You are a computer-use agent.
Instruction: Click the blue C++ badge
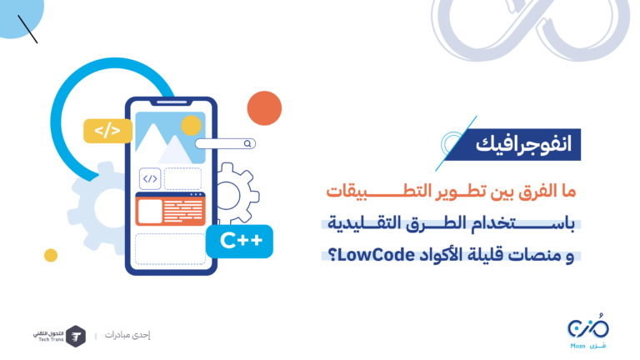coord(239,241)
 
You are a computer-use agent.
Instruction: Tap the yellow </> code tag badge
coord(107,131)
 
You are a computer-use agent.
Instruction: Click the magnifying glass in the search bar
coord(247,143)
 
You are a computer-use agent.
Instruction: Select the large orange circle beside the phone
coord(264,108)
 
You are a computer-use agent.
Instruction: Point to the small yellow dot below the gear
coord(51,255)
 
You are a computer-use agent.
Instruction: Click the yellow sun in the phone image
coord(191,125)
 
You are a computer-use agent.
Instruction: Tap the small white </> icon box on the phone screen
coord(150,179)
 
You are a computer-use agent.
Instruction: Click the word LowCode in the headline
coord(377,255)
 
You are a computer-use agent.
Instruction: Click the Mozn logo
coord(588,331)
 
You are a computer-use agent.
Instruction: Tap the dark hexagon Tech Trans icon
coord(76,337)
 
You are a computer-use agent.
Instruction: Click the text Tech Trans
coord(51,340)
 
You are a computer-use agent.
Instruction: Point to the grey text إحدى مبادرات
coord(127,335)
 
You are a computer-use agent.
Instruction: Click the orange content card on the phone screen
coord(170,209)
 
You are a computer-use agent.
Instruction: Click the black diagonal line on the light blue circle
coord(27,29)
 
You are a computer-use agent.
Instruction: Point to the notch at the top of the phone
coord(172,102)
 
